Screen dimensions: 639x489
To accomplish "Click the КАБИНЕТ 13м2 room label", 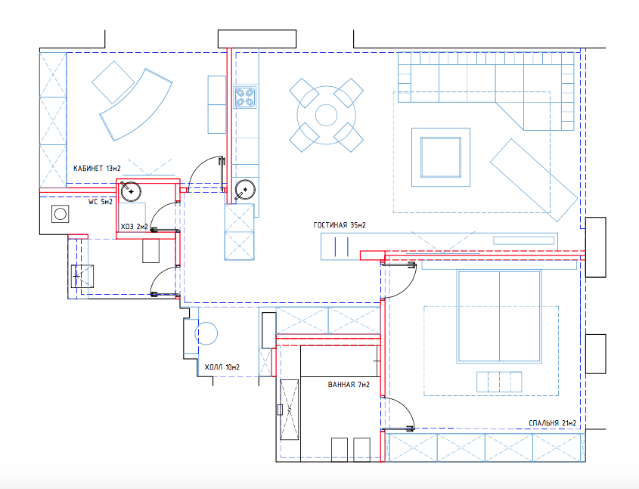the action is point(97,168).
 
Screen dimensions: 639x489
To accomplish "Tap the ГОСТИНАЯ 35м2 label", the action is point(340,224).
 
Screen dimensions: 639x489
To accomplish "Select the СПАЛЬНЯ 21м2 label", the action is point(552,423).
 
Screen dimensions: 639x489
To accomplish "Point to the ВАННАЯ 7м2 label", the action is point(349,385).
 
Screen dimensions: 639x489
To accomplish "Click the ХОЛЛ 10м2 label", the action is point(222,367).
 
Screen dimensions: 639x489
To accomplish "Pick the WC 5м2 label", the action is point(101,202).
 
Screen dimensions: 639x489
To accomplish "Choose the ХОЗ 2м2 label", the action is point(134,227).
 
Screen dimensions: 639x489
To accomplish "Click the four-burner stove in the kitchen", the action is point(245,97).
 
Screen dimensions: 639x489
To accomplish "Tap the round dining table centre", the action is point(327,115).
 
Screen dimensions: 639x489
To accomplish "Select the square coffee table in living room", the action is point(441,157).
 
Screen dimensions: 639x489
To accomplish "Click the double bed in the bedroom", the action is point(499,317).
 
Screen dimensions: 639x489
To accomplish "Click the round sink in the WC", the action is point(131,191).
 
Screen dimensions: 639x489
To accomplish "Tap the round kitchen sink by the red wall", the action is point(245,190).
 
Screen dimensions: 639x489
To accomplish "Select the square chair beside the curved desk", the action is point(113,82).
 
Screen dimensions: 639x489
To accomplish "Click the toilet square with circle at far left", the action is point(60,214).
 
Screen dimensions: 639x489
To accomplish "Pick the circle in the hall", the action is point(206,333).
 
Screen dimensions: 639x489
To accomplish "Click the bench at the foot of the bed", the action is point(499,382).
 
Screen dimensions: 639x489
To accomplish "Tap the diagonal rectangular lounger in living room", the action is point(534,180).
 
